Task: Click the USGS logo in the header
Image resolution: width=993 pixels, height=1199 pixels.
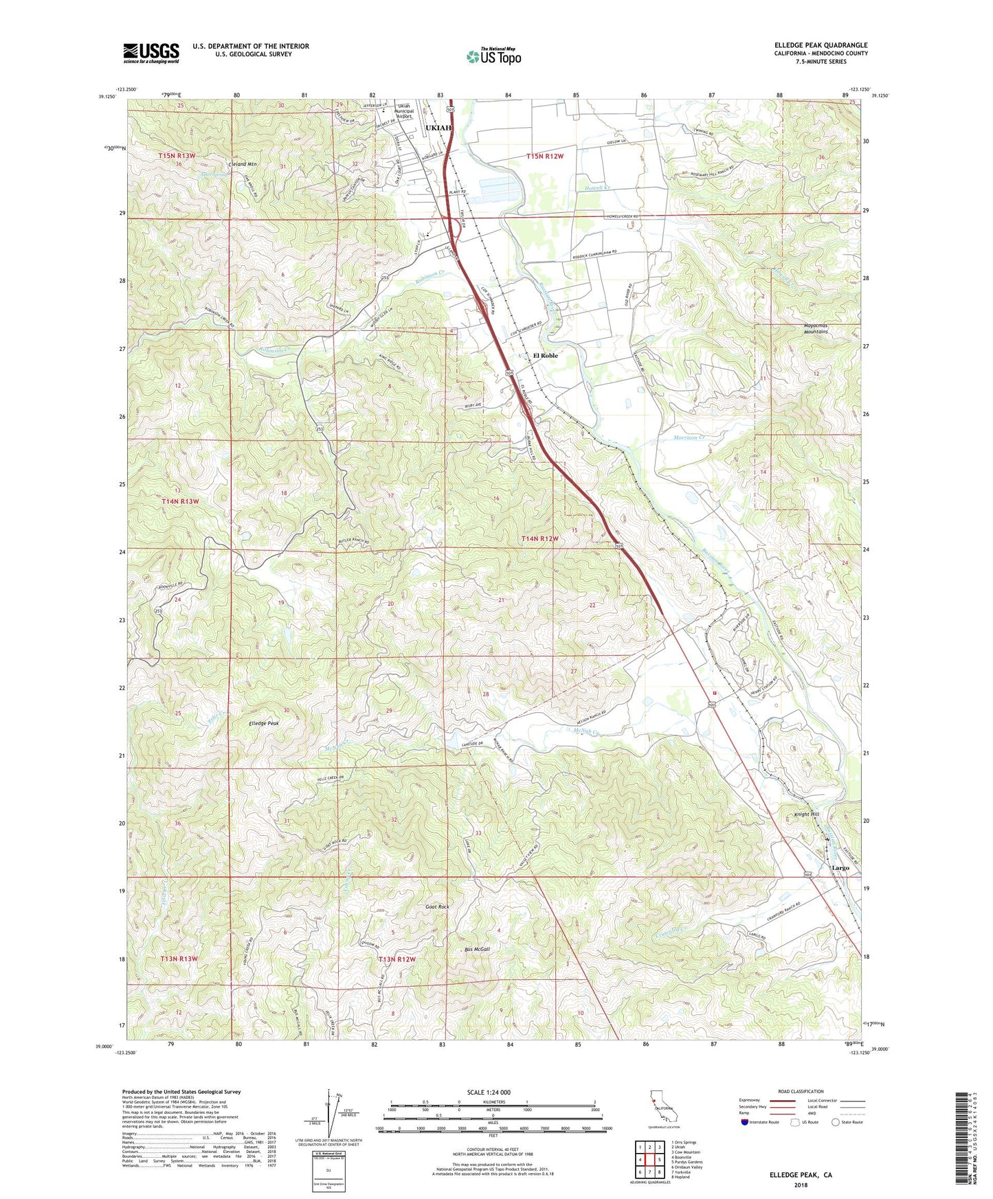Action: pyautogui.click(x=151, y=52)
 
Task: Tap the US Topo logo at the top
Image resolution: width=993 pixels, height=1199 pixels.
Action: pyautogui.click(x=493, y=56)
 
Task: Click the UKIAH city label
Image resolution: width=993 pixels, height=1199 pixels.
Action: pyautogui.click(x=438, y=128)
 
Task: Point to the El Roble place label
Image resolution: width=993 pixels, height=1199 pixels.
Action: pyautogui.click(x=546, y=356)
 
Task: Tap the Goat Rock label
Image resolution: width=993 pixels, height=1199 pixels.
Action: pyautogui.click(x=437, y=907)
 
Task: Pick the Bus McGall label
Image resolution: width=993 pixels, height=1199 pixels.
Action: pyautogui.click(x=477, y=950)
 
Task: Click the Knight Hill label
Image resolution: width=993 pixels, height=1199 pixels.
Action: pyautogui.click(x=807, y=814)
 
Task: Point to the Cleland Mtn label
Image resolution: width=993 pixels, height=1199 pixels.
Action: pyautogui.click(x=242, y=165)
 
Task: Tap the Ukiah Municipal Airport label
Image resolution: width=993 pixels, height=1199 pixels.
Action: pyautogui.click(x=404, y=113)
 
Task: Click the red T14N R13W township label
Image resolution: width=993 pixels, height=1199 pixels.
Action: pyautogui.click(x=180, y=501)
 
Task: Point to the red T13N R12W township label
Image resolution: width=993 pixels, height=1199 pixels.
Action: pyautogui.click(x=397, y=959)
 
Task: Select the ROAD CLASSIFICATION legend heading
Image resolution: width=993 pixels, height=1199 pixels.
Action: pyautogui.click(x=796, y=1091)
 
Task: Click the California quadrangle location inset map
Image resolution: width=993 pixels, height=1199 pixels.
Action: pyautogui.click(x=663, y=1111)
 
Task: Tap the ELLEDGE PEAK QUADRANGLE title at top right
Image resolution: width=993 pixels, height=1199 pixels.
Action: pyautogui.click(x=821, y=45)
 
